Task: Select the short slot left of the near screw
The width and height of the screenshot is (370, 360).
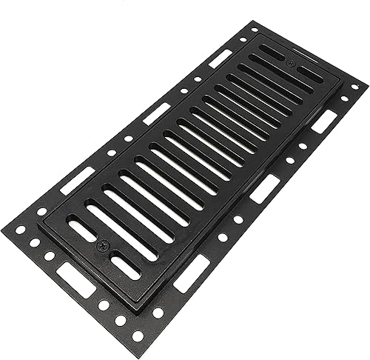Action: pyautogui.click(x=82, y=230)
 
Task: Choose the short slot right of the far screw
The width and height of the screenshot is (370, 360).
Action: pyautogui.click(x=310, y=74)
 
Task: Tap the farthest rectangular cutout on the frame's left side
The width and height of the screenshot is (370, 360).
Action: pyautogui.click(x=221, y=58)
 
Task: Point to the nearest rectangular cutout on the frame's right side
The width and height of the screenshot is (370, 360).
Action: pyautogui.click(x=190, y=272)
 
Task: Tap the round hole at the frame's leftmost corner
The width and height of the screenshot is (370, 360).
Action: pyautogui.click(x=21, y=230)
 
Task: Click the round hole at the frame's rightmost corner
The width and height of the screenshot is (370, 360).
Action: pyautogui.click(x=354, y=87)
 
